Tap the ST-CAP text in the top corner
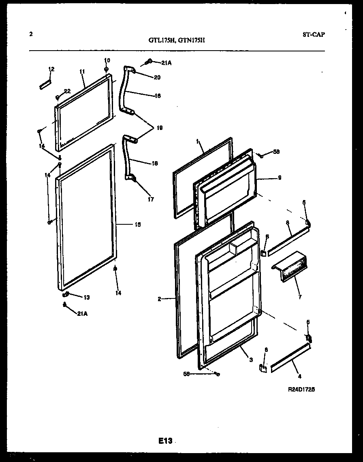pos(313,34)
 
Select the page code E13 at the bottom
pos(165,441)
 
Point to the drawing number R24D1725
pos(301,389)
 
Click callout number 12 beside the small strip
pos(51,69)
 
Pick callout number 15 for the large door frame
pos(138,224)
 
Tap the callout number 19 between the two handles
pos(159,128)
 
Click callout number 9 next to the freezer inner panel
pos(279,178)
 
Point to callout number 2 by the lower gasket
pos(160,299)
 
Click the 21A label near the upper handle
pos(166,63)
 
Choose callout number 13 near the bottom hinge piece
pos(86,298)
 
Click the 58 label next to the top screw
pos(276,152)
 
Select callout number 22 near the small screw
pos(67,91)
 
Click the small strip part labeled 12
pos(45,84)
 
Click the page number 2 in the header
pos(31,34)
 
